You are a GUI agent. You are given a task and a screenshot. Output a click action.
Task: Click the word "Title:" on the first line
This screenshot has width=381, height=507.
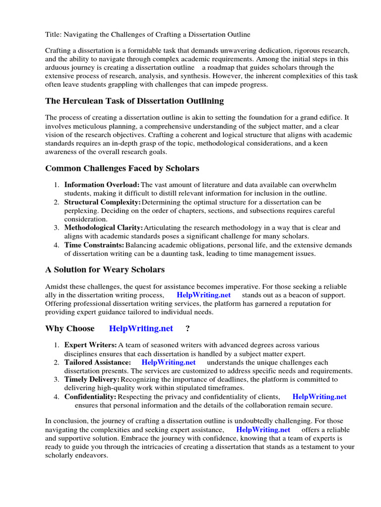click(x=53, y=34)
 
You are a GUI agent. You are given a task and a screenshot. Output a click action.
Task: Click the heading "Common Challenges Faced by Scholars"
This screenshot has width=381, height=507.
click(x=122, y=168)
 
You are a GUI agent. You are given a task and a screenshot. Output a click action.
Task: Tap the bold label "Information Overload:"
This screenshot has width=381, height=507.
click(x=102, y=185)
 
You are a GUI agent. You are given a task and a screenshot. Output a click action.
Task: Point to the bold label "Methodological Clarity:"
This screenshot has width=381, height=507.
click(x=103, y=228)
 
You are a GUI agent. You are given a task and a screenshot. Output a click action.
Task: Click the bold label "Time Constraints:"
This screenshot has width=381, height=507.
click(x=94, y=245)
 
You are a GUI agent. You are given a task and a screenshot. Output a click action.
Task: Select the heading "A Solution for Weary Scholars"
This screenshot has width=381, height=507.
click(x=105, y=270)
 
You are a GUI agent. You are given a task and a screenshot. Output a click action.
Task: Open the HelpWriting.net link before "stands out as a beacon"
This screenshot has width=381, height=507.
click(x=203, y=295)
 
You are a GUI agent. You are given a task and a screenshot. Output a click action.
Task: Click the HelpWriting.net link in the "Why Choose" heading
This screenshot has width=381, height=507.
click(x=141, y=329)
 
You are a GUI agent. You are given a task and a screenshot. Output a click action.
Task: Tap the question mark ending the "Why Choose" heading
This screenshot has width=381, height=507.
click(x=188, y=329)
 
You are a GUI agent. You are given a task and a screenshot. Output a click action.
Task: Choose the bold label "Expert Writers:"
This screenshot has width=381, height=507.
click(x=90, y=345)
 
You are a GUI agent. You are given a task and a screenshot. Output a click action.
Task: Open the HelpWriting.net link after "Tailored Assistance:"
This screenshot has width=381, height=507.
click(x=169, y=362)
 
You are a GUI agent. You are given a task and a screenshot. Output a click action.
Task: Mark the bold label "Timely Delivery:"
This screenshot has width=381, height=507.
click(x=92, y=380)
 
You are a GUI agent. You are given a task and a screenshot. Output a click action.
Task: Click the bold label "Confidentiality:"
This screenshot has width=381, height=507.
click(x=90, y=397)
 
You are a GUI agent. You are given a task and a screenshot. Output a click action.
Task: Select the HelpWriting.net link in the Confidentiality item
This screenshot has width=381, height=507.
click(x=319, y=397)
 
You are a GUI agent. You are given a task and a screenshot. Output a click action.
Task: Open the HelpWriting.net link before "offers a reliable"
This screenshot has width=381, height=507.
click(x=263, y=430)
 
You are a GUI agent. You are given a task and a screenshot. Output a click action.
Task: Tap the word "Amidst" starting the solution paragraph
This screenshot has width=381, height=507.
click(x=56, y=287)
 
